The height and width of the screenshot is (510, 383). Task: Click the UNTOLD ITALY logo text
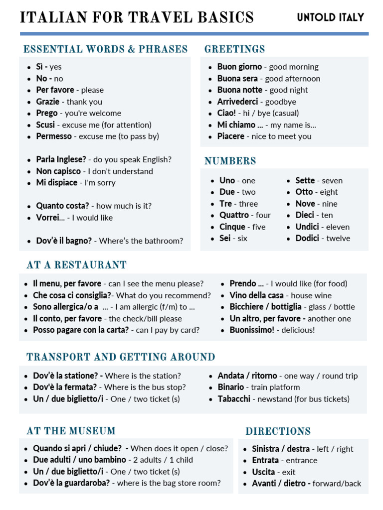330,17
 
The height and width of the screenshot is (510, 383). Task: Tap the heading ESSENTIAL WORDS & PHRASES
106,49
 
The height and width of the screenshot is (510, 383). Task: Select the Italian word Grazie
47,102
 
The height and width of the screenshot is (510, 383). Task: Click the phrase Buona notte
239,90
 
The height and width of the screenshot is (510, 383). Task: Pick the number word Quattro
234,215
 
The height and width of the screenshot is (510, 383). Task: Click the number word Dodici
307,238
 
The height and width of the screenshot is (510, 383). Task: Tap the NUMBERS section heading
230,161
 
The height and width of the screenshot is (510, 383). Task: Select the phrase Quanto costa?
62,206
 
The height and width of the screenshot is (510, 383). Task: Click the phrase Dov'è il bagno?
64,241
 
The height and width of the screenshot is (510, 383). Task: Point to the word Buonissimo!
252,330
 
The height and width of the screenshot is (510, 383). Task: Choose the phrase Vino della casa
256,295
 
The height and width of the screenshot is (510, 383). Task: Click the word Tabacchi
234,398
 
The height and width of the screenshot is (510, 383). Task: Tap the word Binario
230,387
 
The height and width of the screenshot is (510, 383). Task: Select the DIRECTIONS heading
278,431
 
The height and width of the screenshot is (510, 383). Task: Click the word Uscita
263,472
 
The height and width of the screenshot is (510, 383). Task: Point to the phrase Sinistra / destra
281,449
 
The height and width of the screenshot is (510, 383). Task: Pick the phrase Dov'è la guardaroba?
71,483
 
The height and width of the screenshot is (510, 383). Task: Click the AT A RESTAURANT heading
76,265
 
